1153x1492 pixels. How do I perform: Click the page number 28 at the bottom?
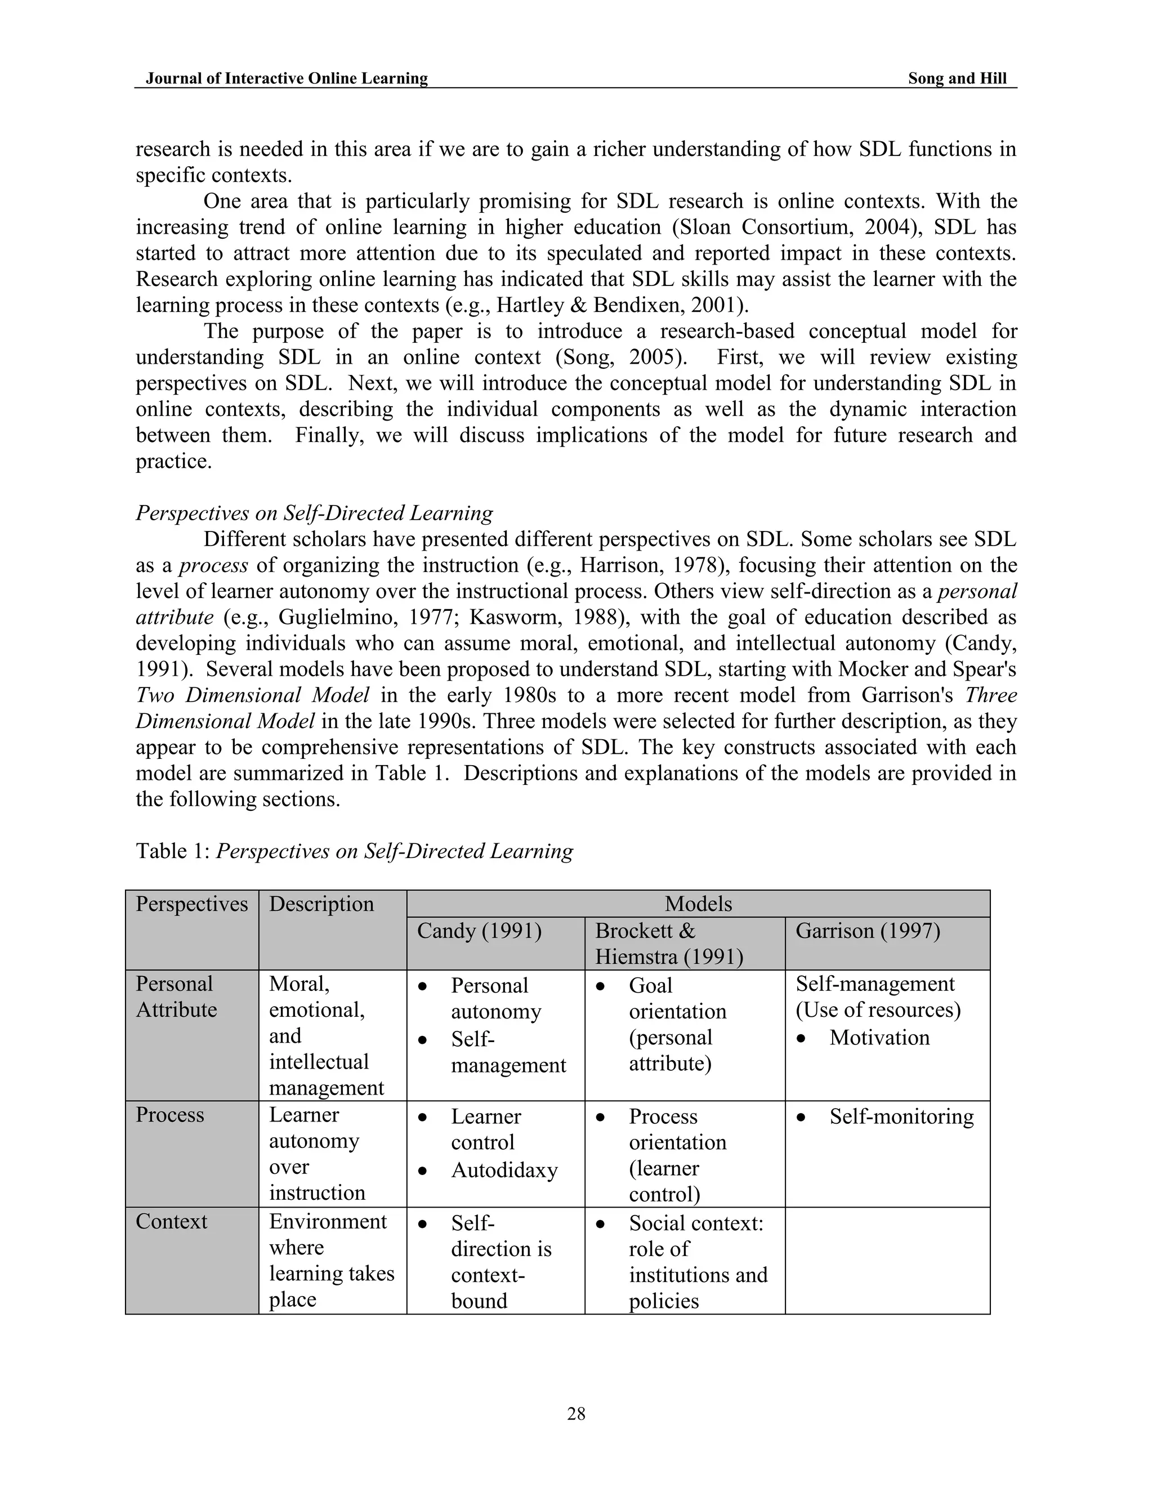tap(576, 1413)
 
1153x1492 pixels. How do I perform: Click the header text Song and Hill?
tap(957, 79)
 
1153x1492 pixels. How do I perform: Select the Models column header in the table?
tap(698, 904)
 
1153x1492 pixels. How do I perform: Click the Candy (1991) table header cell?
tap(479, 931)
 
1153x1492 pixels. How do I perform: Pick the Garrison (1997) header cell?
tap(868, 931)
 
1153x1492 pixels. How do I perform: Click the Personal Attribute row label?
tap(176, 997)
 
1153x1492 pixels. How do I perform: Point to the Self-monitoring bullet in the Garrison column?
tap(901, 1116)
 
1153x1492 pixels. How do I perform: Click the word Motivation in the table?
tap(879, 1038)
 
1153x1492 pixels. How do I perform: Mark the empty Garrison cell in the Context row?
tap(887, 1261)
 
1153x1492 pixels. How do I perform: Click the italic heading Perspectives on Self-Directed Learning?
tap(314, 513)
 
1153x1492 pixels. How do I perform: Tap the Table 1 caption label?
tap(173, 851)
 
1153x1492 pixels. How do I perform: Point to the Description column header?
tap(321, 904)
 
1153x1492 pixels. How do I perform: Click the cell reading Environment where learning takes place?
tap(331, 1261)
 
